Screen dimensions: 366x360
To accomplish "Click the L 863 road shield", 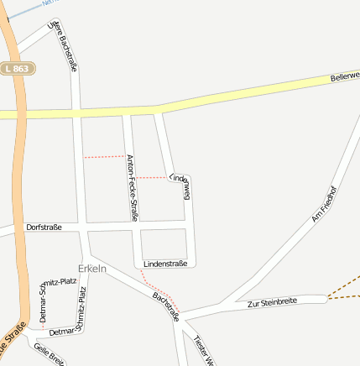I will coord(18,68).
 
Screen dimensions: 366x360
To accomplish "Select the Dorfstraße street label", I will coord(44,227).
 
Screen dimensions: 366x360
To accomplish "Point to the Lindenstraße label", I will coord(165,264).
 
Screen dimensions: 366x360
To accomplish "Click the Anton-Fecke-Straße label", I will coord(132,187).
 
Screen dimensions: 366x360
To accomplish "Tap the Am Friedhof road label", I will coord(323,203).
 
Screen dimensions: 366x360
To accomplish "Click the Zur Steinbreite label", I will coord(272,301).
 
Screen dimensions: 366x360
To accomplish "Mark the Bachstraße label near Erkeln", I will coord(165,306).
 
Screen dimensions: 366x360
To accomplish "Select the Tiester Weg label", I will coord(203,351).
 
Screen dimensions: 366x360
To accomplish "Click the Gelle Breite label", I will coord(49,354).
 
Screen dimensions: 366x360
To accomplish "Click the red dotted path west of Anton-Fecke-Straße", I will coord(104,157).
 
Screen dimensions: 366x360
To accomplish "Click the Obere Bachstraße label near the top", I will coord(65,47).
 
